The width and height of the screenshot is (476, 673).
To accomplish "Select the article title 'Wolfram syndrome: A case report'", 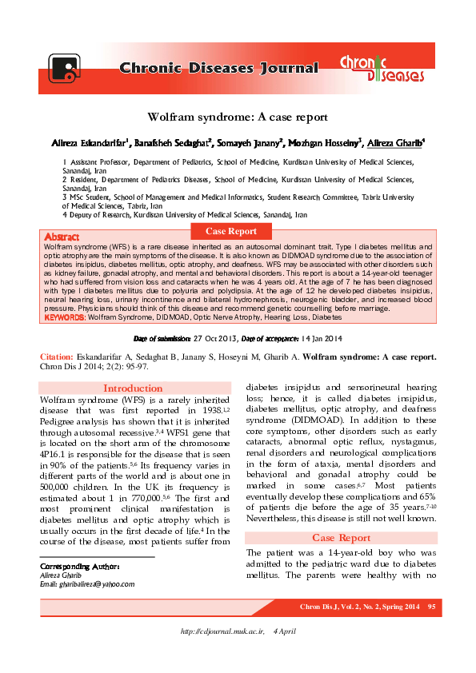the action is click(238, 117).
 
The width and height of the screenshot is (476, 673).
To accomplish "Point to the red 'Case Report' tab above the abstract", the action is click(231, 231).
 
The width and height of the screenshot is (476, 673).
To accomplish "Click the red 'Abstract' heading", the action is click(62, 237).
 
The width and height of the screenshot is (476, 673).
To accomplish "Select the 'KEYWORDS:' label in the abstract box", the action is click(65, 317).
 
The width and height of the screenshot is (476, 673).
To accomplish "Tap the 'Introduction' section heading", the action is click(134, 388).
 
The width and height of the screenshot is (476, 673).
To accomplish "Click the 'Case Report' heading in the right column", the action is click(341, 537).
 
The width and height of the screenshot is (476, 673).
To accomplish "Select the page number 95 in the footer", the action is click(431, 609).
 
